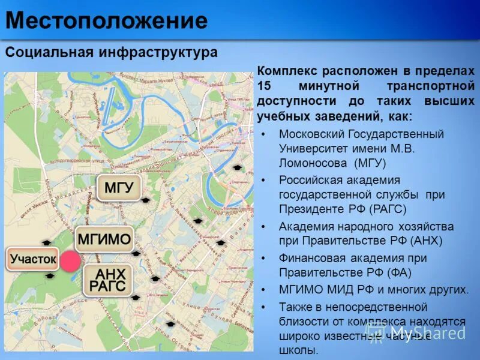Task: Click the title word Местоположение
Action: (x=107, y=22)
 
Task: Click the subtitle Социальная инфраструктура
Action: (x=112, y=52)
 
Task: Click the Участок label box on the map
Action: (x=33, y=260)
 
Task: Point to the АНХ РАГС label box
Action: (x=107, y=280)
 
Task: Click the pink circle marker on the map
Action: (x=70, y=262)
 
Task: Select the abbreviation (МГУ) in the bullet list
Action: (x=370, y=163)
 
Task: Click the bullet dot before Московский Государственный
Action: (x=265, y=133)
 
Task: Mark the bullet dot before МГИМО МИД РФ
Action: (x=265, y=290)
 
